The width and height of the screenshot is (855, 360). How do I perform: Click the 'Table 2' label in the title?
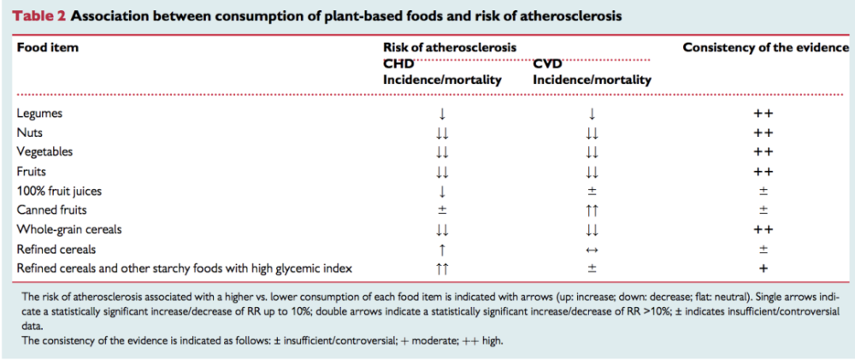[40, 15]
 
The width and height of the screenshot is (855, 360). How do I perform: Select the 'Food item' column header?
[48, 47]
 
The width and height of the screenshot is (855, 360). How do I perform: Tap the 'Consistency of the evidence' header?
[766, 47]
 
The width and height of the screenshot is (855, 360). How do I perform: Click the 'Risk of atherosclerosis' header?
[450, 47]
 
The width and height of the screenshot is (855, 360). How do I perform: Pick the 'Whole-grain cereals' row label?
[69, 229]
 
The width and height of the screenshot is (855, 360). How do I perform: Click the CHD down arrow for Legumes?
[442, 114]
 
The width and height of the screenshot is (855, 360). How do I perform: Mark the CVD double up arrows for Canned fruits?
[592, 210]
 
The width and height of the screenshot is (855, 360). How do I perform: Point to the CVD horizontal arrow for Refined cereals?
[592, 250]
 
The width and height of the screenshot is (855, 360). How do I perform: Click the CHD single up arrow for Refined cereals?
[442, 250]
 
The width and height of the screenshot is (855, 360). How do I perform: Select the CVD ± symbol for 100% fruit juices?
[592, 192]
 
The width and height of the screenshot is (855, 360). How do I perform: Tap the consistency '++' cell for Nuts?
[764, 133]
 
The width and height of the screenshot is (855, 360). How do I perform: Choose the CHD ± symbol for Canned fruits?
[442, 210]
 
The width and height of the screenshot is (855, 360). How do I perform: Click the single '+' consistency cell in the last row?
[764, 269]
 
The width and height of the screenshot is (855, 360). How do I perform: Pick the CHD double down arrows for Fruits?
[442, 172]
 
